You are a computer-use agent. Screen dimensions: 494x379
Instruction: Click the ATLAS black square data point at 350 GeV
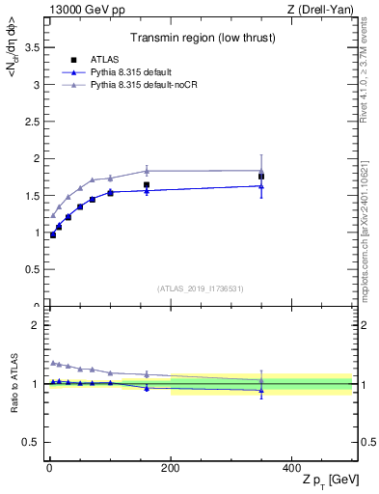(x=261, y=177)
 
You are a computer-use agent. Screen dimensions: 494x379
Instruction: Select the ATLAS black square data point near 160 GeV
(x=147, y=184)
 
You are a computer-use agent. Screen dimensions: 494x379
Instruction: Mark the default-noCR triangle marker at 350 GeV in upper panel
(x=261, y=171)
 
